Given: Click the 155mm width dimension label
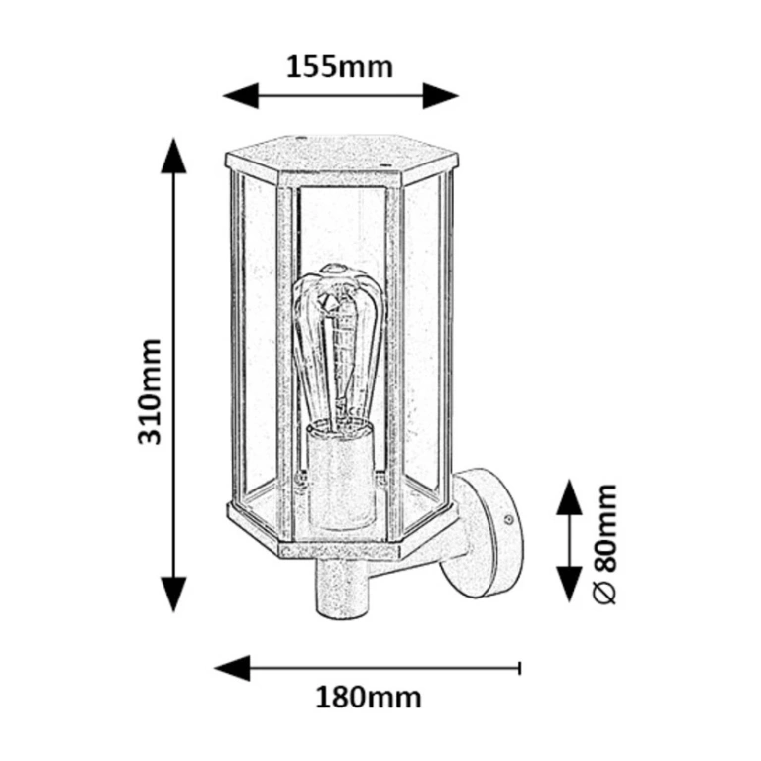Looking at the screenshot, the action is coord(340,68).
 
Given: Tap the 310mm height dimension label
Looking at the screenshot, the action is coord(149,392).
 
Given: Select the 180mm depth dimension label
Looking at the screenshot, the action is coord(369,698).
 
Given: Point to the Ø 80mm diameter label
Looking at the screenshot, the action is coord(605,544).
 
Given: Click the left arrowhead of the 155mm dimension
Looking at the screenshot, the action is coord(240,95).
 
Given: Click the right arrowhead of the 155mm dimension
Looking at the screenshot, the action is coord(441,95).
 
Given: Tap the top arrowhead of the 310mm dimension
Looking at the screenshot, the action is coord(173,156).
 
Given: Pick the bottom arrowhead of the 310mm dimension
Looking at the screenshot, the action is coord(173,595).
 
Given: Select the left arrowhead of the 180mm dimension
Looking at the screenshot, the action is coord(232,668).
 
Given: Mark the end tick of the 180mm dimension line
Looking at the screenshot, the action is coord(520,668).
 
